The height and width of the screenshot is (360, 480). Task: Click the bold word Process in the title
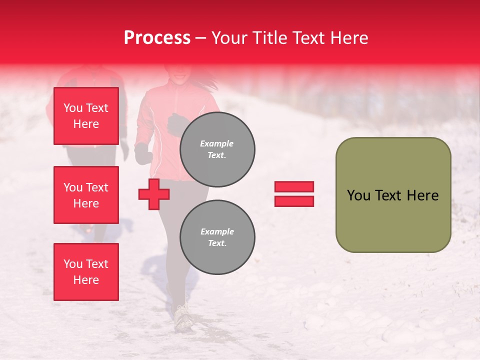coord(157,38)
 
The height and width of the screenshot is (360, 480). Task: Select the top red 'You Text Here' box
coord(86,116)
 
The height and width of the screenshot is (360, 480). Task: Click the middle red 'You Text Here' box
coord(86,195)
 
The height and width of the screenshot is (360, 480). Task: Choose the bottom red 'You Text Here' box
coord(86,271)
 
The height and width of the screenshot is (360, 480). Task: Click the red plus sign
coord(154,194)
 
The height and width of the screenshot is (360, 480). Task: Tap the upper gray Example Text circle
coord(217,149)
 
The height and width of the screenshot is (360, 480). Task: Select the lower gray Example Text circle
coord(217,237)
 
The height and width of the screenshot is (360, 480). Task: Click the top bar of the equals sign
coord(294,187)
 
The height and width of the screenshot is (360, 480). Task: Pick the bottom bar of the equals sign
coord(294,201)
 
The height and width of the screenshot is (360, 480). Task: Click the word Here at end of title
coord(349,38)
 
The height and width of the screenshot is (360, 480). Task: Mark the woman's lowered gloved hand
coord(143,153)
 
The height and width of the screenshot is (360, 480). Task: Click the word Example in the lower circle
coord(217,231)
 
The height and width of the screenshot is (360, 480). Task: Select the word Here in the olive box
coord(422,195)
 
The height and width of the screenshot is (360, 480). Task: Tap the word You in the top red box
coord(73,108)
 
